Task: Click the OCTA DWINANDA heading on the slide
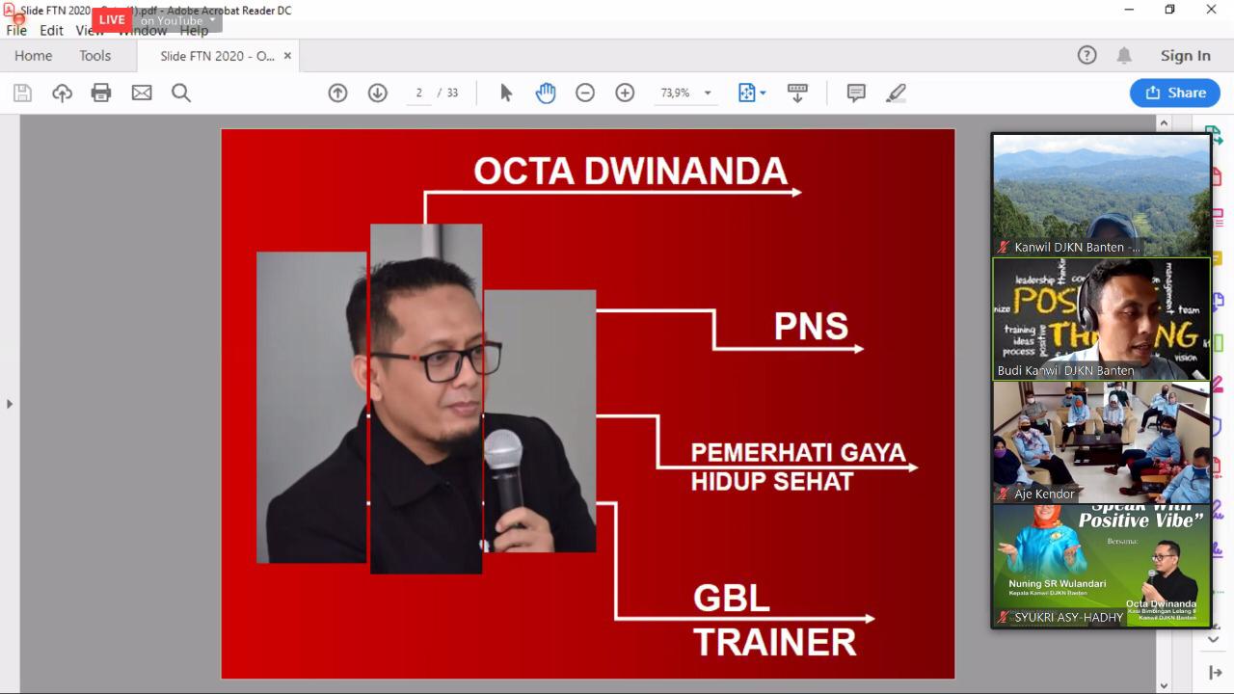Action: click(630, 171)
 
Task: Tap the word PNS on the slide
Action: click(811, 327)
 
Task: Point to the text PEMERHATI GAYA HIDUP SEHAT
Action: click(797, 467)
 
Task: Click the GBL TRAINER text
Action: click(774, 620)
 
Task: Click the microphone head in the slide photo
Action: click(502, 450)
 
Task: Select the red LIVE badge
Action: click(112, 19)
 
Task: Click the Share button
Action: click(1175, 93)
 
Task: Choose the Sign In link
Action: click(1185, 56)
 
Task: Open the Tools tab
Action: click(94, 56)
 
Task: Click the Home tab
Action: click(34, 56)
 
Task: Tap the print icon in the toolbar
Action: click(101, 93)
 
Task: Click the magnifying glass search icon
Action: click(181, 93)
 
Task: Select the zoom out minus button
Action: click(585, 93)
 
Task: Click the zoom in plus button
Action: click(625, 93)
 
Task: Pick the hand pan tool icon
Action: click(546, 93)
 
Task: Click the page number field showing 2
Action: click(419, 93)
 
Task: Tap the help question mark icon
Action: click(1086, 56)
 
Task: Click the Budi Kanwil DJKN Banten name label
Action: click(1065, 370)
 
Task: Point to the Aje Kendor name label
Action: click(1044, 494)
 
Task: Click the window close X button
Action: click(1211, 10)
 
